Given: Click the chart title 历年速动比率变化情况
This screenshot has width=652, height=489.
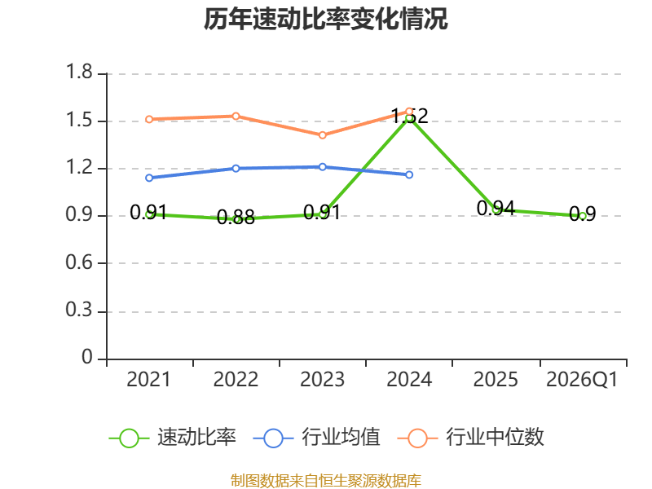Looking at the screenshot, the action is [325, 19].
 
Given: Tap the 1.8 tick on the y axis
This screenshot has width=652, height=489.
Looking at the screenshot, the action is [79, 72].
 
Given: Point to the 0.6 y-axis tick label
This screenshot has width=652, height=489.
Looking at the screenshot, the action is [79, 262].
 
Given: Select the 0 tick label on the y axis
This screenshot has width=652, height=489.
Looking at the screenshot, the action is [87, 357].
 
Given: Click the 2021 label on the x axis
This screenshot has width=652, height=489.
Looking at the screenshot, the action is [148, 380].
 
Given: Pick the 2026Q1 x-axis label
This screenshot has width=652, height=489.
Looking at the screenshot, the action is [582, 380].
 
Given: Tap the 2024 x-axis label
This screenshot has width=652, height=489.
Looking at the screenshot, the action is [409, 380].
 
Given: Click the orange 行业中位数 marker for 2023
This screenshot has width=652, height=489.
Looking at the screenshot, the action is [322, 135].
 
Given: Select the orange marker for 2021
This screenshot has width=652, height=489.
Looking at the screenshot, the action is [149, 119].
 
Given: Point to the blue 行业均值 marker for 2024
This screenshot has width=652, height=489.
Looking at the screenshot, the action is [409, 174].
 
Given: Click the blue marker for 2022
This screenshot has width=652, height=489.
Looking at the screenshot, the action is [236, 169].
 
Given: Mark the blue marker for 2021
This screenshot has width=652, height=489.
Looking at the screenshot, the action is [149, 178].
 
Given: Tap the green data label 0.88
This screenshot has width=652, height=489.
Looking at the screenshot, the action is [236, 218].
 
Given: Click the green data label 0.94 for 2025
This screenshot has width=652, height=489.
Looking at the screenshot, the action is [496, 209].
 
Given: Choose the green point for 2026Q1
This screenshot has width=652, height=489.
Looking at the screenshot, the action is [583, 216].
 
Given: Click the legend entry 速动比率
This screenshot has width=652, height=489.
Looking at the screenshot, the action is [173, 438].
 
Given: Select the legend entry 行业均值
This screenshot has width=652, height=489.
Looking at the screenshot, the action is [317, 438].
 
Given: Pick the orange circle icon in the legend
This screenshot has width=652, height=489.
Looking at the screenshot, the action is [417, 438].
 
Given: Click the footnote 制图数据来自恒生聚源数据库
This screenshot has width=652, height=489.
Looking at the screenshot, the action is [325, 481].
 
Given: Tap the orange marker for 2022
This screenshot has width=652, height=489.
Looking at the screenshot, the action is [236, 116].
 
